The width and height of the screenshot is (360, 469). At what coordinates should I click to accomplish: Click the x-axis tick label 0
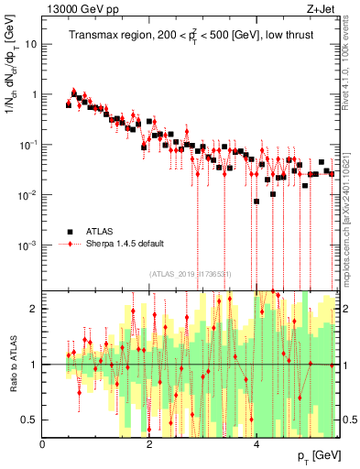(x=43, y=443)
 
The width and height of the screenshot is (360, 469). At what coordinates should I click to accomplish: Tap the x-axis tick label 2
(x=150, y=443)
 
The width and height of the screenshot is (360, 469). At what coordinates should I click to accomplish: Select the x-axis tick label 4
(x=256, y=443)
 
